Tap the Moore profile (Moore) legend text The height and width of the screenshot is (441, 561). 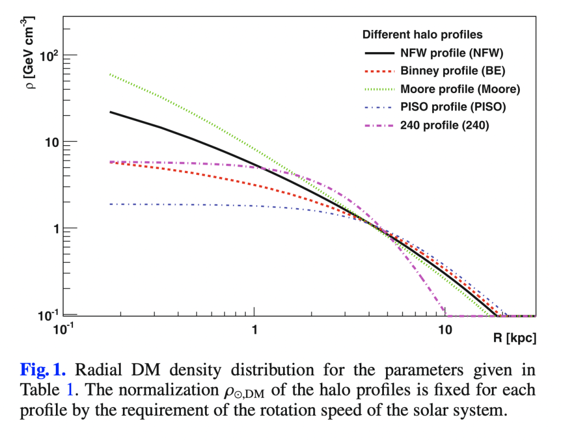tap(460, 89)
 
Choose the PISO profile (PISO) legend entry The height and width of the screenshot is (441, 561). tap(453, 107)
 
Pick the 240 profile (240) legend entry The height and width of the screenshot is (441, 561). tap(444, 125)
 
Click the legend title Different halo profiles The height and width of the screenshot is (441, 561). tap(422, 35)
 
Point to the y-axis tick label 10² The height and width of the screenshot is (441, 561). tap(48, 55)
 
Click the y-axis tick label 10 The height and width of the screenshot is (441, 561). tap(50, 142)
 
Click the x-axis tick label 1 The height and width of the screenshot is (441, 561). tap(254, 330)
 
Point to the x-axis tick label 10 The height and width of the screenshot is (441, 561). tap(445, 330)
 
